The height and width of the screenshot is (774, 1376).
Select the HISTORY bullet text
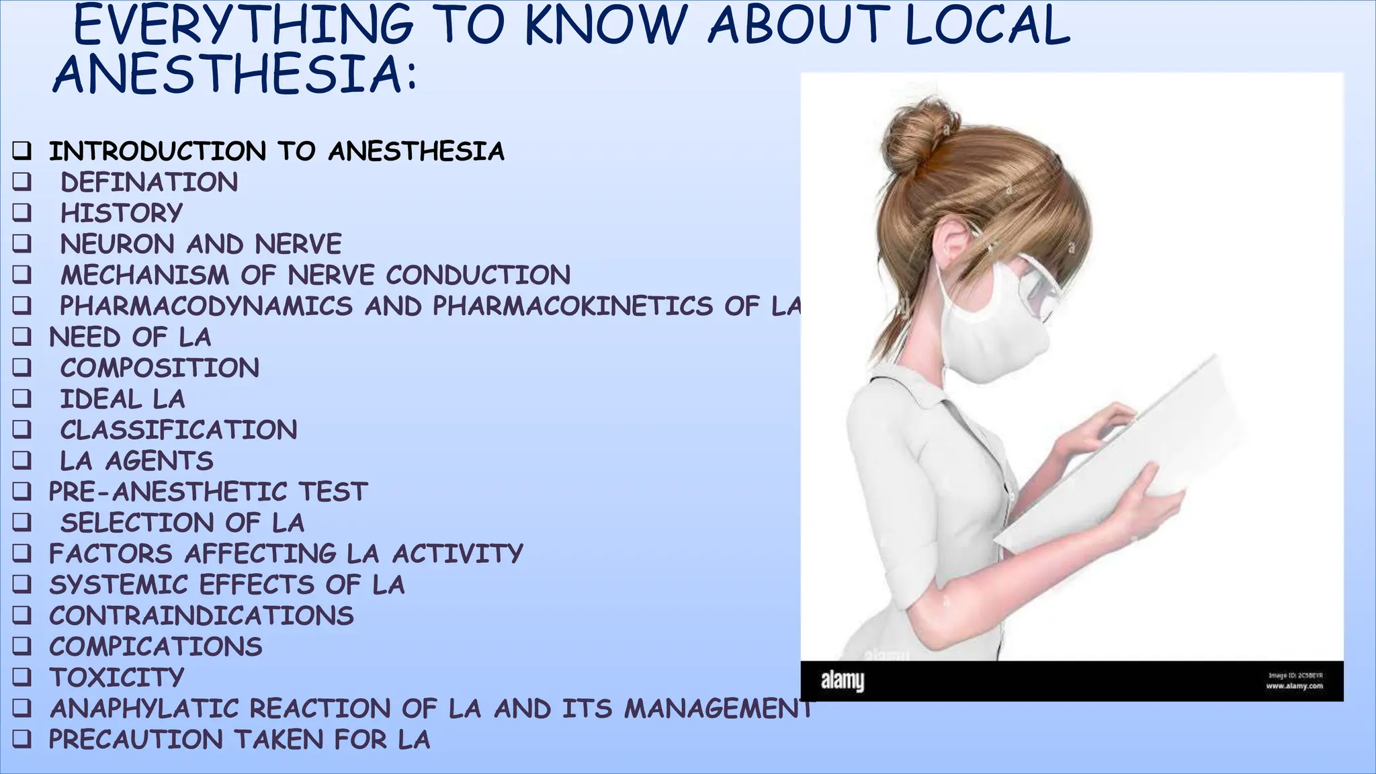(x=122, y=213)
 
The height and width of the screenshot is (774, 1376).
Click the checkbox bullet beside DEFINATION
(x=21, y=181)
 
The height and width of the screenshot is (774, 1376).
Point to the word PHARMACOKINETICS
(x=572, y=306)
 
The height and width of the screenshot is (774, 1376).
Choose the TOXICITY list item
(x=116, y=677)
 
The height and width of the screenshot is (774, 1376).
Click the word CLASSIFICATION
(x=179, y=430)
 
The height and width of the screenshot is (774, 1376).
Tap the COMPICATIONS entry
(x=155, y=646)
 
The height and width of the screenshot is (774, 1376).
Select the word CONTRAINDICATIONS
(x=201, y=615)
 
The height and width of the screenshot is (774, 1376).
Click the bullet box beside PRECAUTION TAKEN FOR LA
(x=21, y=739)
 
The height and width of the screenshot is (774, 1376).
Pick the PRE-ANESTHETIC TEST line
(x=208, y=492)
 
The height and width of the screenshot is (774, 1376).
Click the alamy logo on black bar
(x=843, y=681)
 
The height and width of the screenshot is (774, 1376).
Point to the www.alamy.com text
(x=1294, y=686)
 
